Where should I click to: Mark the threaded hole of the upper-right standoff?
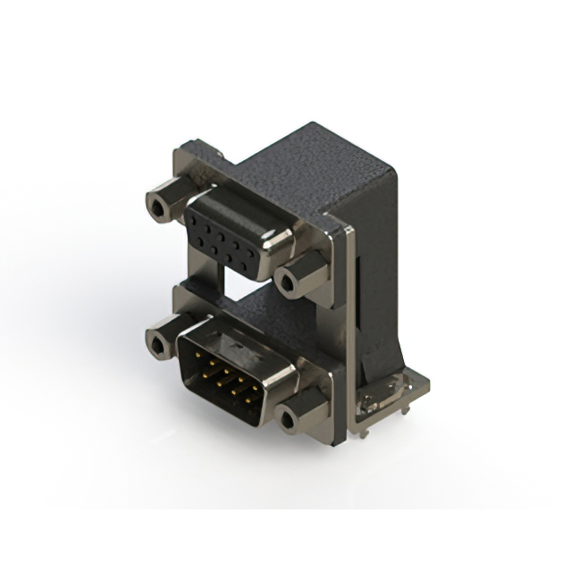coord(288,283)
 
